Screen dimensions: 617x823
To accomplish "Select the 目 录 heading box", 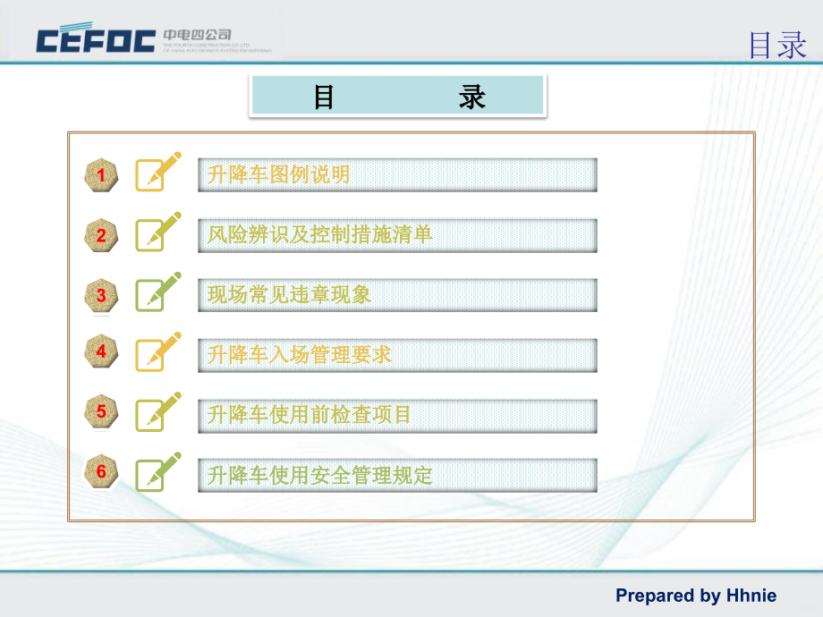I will click(x=397, y=97).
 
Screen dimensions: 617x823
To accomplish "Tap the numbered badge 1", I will click(x=101, y=175).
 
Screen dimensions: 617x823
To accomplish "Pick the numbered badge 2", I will click(x=101, y=235).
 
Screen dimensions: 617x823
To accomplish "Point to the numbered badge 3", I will click(x=101, y=295).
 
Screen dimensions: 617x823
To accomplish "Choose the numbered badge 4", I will click(x=101, y=352).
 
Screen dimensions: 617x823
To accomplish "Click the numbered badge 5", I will click(x=101, y=412).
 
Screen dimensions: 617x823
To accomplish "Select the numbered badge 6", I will click(x=101, y=472).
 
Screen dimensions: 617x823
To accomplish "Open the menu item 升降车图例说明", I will click(x=397, y=175).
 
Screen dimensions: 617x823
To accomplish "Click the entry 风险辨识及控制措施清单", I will click(x=397, y=235).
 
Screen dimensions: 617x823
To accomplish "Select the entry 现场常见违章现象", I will click(x=397, y=295).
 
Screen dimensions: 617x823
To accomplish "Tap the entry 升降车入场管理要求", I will click(x=397, y=355).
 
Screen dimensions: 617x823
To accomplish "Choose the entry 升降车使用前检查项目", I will click(x=397, y=415).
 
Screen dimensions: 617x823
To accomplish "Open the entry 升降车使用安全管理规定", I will click(x=397, y=475).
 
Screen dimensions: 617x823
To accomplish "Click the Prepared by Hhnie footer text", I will click(x=696, y=596).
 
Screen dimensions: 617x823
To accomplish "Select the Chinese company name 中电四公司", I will click(x=198, y=35).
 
